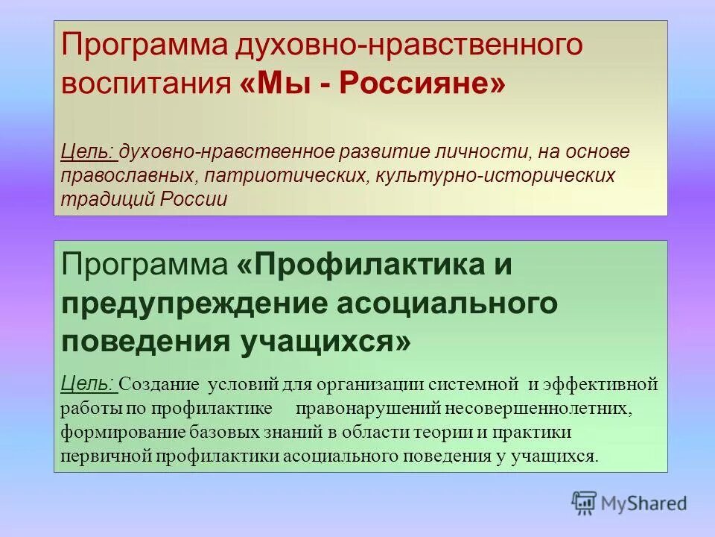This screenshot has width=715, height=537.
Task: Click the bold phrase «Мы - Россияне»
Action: (372, 83)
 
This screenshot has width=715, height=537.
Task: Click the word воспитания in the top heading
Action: (147, 83)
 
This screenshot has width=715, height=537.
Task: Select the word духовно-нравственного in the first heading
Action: (409, 45)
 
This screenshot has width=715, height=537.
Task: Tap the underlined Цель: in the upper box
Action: (88, 152)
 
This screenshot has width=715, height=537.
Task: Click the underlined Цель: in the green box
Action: (88, 384)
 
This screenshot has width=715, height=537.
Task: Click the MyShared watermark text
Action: (646, 504)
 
